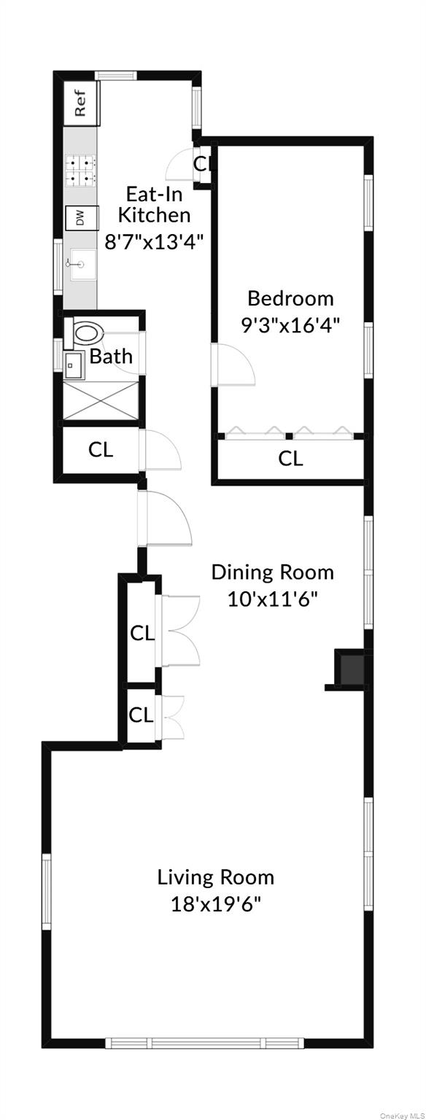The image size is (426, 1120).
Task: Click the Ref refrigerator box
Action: tap(81, 103)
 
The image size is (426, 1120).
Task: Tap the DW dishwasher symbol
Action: tap(82, 217)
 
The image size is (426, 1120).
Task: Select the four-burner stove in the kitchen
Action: tap(82, 170)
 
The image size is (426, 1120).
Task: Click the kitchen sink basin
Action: tap(82, 263)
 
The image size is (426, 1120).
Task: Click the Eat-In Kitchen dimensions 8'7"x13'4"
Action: tap(155, 241)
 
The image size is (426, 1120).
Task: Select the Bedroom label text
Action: tap(290, 298)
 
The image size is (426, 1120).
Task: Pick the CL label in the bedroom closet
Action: tap(290, 458)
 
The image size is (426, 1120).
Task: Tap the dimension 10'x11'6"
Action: tap(273, 598)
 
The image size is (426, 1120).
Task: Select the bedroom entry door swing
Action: tap(233, 365)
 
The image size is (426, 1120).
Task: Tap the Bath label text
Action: tap(111, 357)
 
